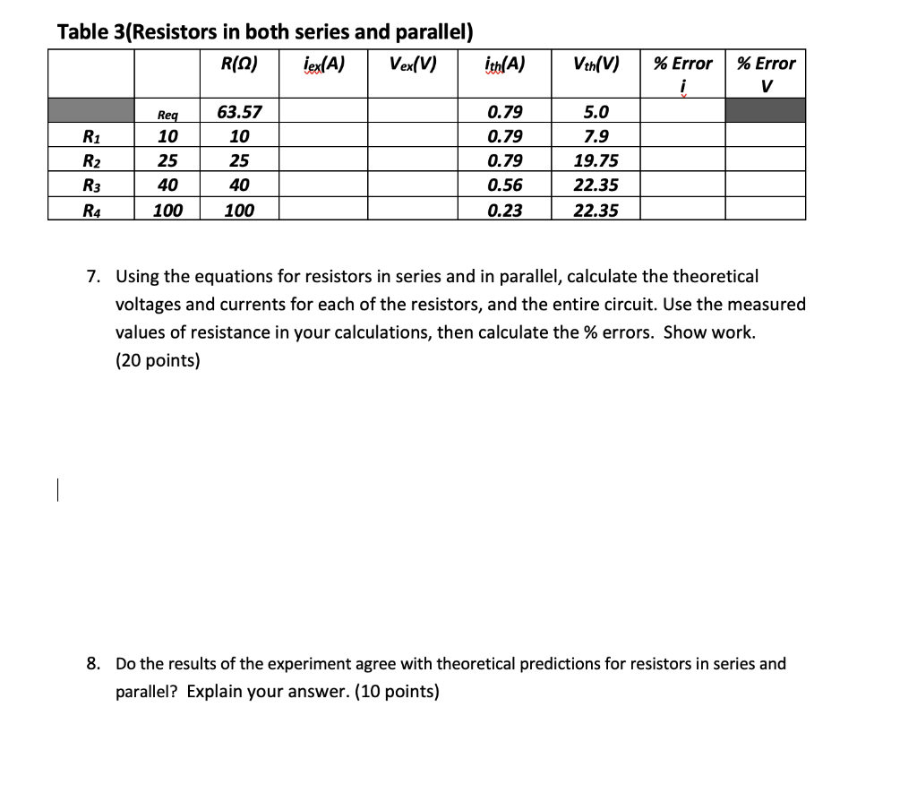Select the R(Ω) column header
(x=239, y=65)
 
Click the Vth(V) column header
(x=596, y=65)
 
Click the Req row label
(x=167, y=114)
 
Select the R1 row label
(x=90, y=137)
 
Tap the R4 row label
(x=90, y=211)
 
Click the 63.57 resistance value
(x=239, y=112)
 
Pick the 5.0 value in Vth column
(x=596, y=112)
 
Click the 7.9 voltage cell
(x=596, y=137)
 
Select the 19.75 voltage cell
(x=596, y=161)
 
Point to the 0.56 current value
(x=504, y=185)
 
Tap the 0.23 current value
(x=504, y=211)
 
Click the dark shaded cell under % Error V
(x=766, y=111)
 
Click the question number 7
(x=93, y=276)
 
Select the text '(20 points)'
(x=158, y=361)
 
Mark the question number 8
(x=93, y=664)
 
